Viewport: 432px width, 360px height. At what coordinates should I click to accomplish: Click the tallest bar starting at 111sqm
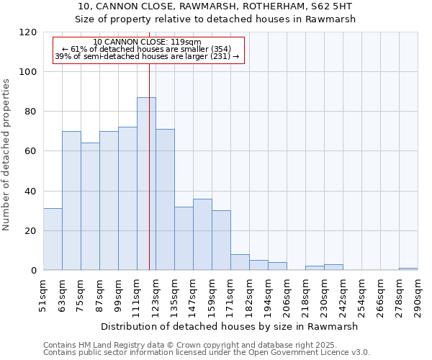[146, 184]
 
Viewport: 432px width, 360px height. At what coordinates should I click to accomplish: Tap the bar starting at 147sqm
[202, 235]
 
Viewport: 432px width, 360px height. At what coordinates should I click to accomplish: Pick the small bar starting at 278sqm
[408, 269]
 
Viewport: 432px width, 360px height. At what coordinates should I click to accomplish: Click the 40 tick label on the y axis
[32, 192]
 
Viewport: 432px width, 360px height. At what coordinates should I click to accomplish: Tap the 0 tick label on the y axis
[35, 271]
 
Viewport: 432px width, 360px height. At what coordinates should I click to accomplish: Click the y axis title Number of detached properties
[7, 151]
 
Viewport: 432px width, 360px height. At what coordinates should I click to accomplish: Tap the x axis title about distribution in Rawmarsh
[229, 326]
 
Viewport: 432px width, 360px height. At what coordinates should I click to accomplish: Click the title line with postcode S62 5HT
[216, 6]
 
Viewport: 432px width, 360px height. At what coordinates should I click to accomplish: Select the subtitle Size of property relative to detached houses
[216, 19]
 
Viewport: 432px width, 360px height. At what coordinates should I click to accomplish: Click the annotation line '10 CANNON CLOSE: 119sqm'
[148, 42]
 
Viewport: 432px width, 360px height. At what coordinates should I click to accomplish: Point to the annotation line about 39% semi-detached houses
[148, 56]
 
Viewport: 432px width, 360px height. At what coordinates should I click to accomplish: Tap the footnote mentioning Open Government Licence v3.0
[207, 353]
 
